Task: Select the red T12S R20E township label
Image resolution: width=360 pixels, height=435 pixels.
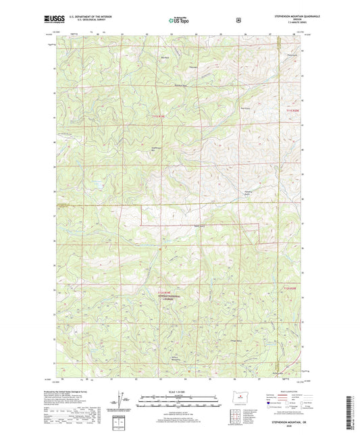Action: point(289,288)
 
